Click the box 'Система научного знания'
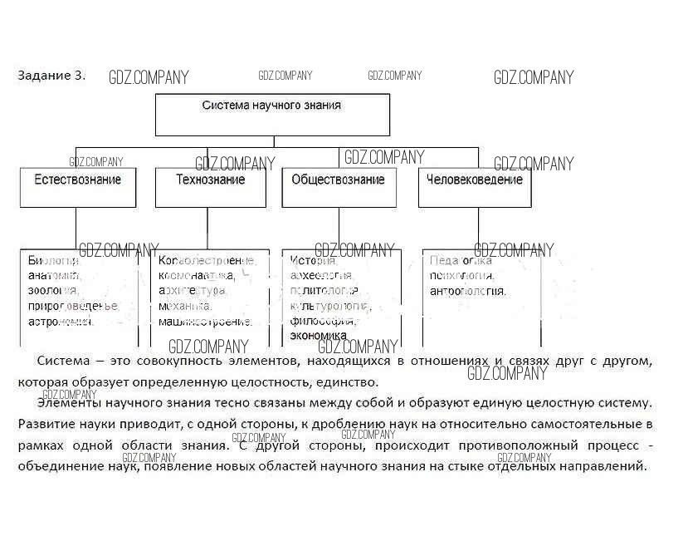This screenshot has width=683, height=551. (272, 114)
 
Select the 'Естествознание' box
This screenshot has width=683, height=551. (77, 187)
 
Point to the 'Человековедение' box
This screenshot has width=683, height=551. (474, 187)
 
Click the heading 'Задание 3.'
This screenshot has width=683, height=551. (51, 75)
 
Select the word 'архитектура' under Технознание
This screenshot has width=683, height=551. (192, 291)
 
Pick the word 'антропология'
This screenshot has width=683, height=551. (467, 291)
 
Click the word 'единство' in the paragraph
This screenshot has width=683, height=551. (354, 381)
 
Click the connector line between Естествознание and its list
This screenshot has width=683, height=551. (76, 229)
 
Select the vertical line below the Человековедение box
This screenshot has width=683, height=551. (478, 229)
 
